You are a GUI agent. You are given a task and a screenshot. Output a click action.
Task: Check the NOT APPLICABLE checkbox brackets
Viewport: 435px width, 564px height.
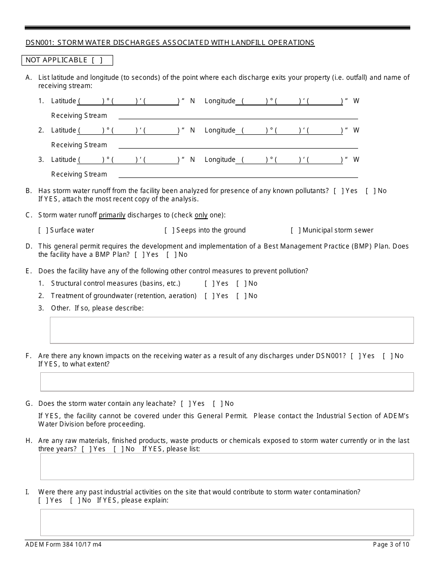(97, 60)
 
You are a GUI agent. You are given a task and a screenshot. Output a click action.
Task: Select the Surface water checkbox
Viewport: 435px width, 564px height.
(43, 230)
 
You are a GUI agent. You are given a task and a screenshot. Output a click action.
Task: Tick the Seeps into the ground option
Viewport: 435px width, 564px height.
(169, 230)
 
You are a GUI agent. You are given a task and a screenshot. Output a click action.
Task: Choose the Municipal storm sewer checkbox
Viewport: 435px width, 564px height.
(295, 230)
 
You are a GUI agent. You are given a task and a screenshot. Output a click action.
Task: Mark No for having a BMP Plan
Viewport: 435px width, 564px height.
(170, 254)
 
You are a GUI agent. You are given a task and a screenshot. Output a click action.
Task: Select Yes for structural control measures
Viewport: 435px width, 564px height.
(209, 283)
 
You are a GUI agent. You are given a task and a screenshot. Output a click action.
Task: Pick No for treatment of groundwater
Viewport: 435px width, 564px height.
(240, 296)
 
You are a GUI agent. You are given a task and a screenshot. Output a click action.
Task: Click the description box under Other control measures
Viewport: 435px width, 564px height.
(231, 330)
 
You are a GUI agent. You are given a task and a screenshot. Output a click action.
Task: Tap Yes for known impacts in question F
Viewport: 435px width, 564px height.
(355, 356)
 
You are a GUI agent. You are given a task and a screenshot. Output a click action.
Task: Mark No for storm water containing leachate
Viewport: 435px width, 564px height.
(217, 404)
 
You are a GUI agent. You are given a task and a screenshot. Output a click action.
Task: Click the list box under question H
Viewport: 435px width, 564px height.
(227, 466)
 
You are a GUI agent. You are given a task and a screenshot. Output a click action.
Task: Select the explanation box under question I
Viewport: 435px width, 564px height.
(227, 522)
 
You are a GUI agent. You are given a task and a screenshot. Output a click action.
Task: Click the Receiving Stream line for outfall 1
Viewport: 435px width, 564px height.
(238, 116)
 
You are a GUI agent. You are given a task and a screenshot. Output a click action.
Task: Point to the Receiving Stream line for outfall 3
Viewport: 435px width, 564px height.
(238, 174)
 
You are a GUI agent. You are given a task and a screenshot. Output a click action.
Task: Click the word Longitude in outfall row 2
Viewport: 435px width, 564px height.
(220, 130)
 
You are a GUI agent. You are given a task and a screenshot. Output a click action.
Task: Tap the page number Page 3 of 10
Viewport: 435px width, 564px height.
(391, 545)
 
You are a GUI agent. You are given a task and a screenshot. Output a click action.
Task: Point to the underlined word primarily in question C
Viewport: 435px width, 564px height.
(112, 215)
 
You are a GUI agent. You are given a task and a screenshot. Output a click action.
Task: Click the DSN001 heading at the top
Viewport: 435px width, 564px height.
(170, 43)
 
